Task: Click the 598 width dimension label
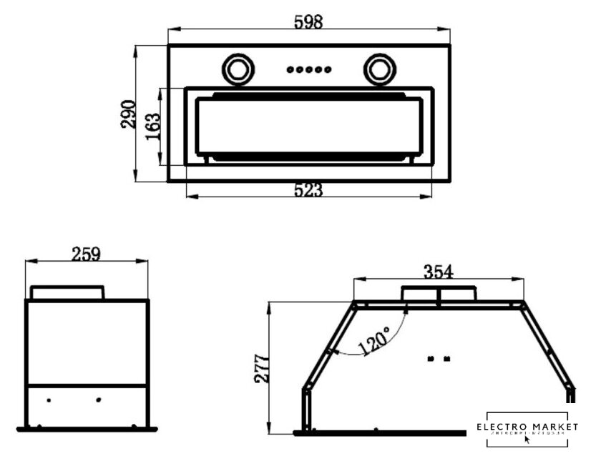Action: point(309,21)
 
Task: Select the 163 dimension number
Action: point(152,127)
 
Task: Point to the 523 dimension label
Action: point(309,190)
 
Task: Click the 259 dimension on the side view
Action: point(86,254)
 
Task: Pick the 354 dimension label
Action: point(439,272)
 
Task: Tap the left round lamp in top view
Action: point(237,69)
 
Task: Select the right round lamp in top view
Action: point(378,69)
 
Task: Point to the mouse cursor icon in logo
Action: point(527,440)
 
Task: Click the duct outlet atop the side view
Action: point(68,293)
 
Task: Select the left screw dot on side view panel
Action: point(49,399)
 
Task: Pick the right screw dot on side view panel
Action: point(99,399)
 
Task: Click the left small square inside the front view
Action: point(430,358)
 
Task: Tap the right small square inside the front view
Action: point(447,358)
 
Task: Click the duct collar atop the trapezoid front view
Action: point(439,294)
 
